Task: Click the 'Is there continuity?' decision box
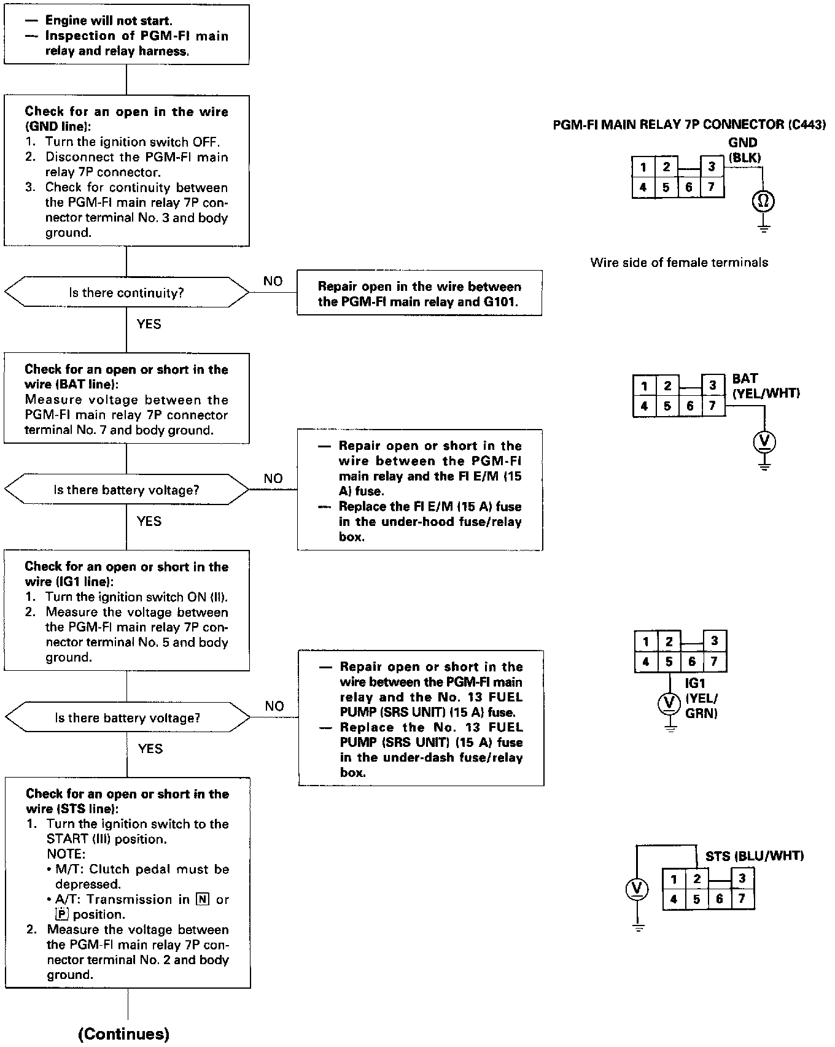[x=126, y=293]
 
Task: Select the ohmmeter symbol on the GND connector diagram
[x=763, y=201]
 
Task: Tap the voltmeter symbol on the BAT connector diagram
[x=764, y=441]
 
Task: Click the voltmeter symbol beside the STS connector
[x=638, y=889]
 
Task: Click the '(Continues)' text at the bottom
[x=124, y=1033]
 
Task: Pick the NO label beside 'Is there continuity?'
[x=273, y=281]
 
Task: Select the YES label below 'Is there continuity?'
[x=149, y=324]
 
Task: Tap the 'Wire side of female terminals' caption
[x=679, y=263]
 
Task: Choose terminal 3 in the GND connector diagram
[x=712, y=166]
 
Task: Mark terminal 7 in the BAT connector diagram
[x=712, y=406]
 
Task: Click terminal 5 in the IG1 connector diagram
[x=669, y=662]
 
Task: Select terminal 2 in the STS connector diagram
[x=697, y=879]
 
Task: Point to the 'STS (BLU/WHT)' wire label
[x=754, y=856]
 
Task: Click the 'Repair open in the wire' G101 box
[x=419, y=293]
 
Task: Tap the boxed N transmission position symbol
[x=202, y=900]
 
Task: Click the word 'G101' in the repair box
[x=501, y=302]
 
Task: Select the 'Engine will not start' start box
[x=126, y=35]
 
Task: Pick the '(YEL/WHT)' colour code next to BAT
[x=766, y=393]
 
